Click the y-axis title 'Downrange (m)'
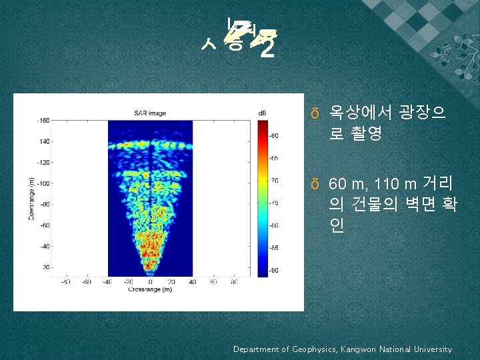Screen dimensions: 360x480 point(31,199)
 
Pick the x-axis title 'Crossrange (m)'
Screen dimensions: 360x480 point(150,289)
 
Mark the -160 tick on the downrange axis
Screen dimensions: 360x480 point(43,121)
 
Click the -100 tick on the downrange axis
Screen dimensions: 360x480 point(43,183)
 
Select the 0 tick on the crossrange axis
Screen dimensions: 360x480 point(151,282)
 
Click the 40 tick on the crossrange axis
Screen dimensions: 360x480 point(192,282)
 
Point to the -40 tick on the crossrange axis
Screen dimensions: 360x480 point(107,282)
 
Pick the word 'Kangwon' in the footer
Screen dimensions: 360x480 point(362,349)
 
